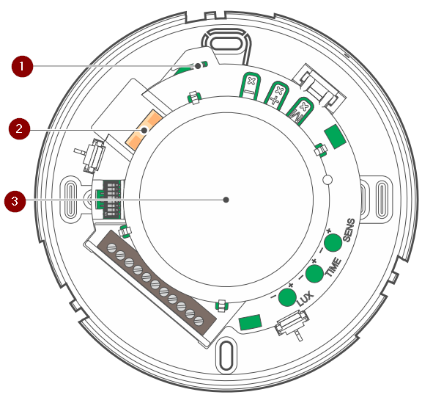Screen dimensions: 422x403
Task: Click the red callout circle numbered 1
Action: pyautogui.click(x=22, y=66)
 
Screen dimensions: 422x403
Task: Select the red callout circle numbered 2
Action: pyautogui.click(x=19, y=128)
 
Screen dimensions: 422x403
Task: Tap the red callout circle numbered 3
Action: pyautogui.click(x=15, y=201)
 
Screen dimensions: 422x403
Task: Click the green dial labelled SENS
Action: pyautogui.click(x=333, y=242)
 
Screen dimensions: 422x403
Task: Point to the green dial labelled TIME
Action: pyautogui.click(x=314, y=274)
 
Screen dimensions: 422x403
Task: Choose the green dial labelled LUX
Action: pyautogui.click(x=287, y=297)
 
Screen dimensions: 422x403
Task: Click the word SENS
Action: pyautogui.click(x=349, y=230)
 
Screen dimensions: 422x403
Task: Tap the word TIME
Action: pyautogui.click(x=334, y=267)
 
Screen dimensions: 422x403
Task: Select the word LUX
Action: pyautogui.click(x=305, y=298)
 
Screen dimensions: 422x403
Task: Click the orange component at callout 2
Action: pyautogui.click(x=144, y=129)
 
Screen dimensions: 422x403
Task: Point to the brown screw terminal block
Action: pyautogui.click(x=157, y=283)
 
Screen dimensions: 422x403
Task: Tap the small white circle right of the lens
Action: pyautogui.click(x=327, y=180)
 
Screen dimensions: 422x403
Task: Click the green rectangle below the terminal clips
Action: pyautogui.click(x=335, y=137)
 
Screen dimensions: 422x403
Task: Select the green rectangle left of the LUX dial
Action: pyautogui.click(x=251, y=322)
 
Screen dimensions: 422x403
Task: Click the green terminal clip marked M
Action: pyautogui.click(x=300, y=112)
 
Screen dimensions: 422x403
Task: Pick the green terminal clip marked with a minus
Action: pyautogui.click(x=250, y=86)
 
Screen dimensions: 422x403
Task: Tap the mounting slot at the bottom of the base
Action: pyautogui.click(x=226, y=355)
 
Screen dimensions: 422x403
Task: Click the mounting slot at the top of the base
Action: pyautogui.click(x=226, y=43)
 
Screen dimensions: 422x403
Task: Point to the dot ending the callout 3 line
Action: pyautogui.click(x=226, y=200)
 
